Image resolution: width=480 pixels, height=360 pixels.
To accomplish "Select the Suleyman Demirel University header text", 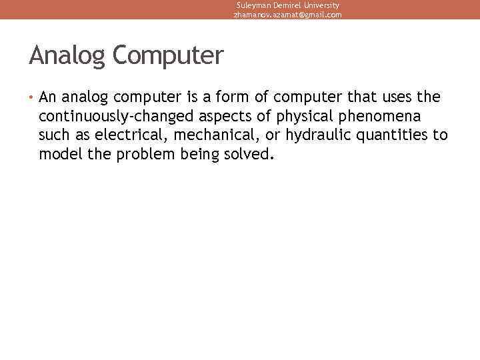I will coord(287,5).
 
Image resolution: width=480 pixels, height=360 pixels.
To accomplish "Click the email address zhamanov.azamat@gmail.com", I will coord(287,14).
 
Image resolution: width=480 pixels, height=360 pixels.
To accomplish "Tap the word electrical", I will coord(129,136).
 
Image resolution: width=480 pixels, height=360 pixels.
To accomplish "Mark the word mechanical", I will coord(211,136).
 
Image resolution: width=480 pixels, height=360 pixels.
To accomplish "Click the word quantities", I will coord(395,136).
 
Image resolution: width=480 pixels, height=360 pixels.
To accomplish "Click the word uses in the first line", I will coord(395,98).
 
